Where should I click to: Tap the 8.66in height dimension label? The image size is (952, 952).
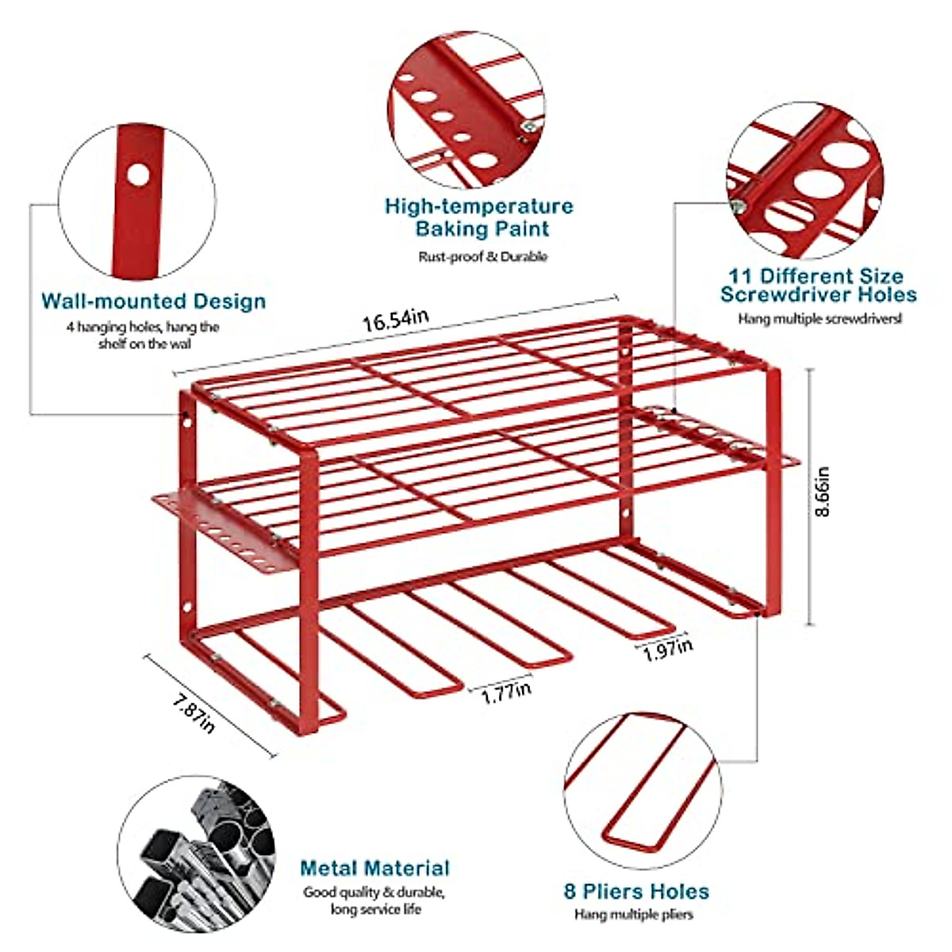[825, 491]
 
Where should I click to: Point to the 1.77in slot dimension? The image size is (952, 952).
[506, 691]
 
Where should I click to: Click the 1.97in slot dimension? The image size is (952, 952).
[667, 650]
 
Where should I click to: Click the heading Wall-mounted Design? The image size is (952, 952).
[153, 301]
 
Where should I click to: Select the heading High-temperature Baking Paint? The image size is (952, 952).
[479, 217]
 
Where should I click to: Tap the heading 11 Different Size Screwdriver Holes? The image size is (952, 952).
[818, 286]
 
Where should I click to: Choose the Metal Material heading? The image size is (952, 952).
[374, 868]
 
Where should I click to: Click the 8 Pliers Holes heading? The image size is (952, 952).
[636, 891]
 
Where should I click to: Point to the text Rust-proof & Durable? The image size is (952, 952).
[482, 256]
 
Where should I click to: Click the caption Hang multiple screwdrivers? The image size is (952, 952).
[820, 319]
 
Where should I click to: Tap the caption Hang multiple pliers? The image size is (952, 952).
[634, 915]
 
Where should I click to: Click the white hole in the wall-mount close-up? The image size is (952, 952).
[139, 175]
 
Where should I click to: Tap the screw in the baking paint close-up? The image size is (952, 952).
[525, 125]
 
